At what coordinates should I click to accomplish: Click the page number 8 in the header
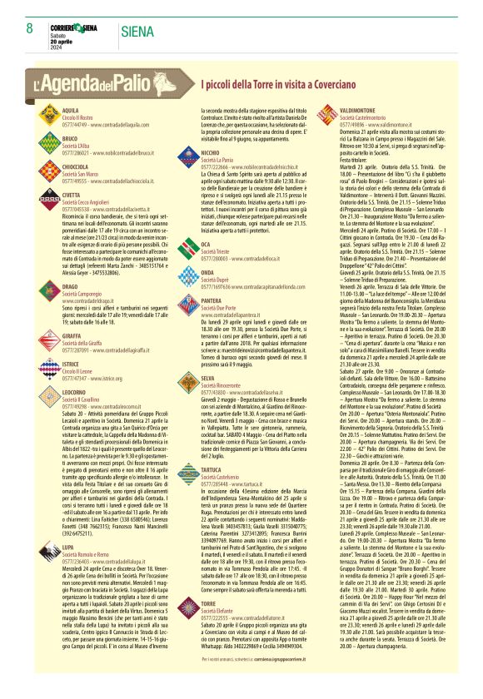pos(29,28)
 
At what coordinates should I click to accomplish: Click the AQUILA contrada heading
pos(70,110)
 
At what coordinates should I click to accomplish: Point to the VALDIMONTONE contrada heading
pos(362,110)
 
